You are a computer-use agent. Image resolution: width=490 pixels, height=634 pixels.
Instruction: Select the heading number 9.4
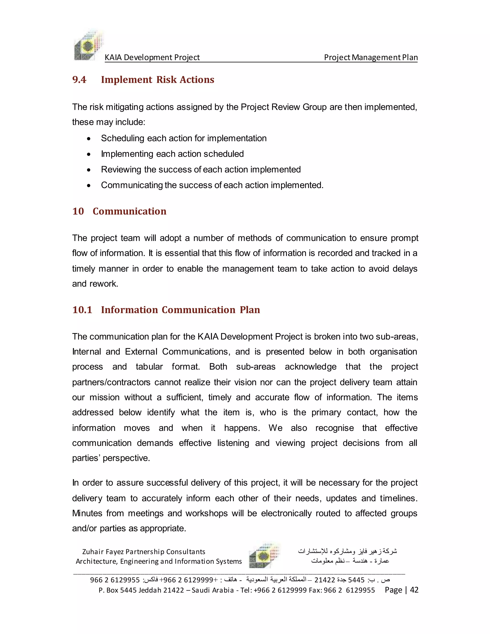click(79, 79)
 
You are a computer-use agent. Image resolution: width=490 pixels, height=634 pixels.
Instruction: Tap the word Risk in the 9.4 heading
click(166, 79)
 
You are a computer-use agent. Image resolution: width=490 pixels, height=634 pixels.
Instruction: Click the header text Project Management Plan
click(371, 57)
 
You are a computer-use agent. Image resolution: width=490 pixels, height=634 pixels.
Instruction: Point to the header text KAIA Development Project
click(152, 57)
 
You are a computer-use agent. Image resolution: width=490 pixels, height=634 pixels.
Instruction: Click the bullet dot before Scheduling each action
click(89, 139)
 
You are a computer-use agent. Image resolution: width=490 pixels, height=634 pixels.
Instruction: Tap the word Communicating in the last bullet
click(132, 185)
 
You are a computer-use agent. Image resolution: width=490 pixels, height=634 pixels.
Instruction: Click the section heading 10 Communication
click(119, 211)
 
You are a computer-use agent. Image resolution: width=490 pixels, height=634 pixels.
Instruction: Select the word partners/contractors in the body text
click(111, 382)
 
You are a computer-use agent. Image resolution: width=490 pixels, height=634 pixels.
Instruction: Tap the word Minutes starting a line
click(87, 513)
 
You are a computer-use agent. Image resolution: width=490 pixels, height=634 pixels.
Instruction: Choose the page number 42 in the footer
click(414, 590)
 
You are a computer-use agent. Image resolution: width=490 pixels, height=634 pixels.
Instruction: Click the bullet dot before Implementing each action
click(89, 155)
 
